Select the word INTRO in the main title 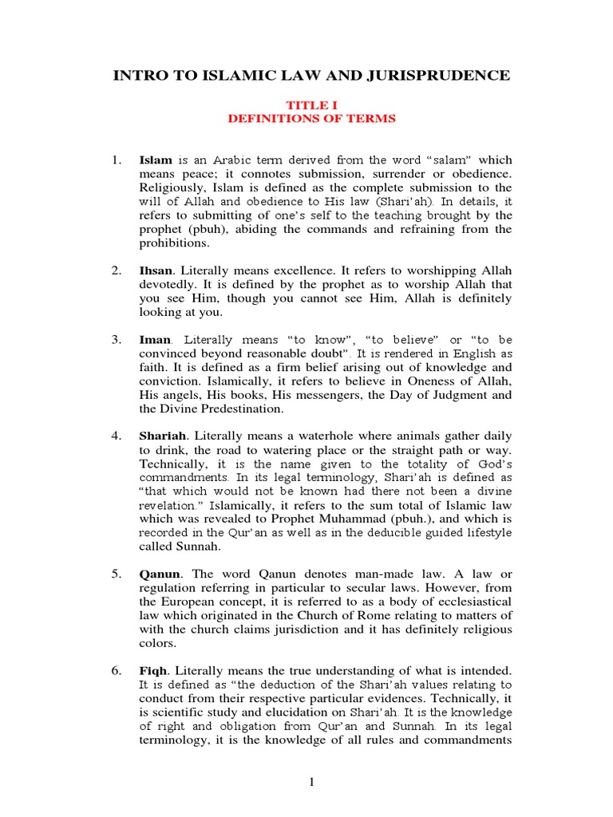[x=138, y=77]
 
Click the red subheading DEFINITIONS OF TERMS [x=312, y=118]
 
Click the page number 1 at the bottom [x=312, y=782]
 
